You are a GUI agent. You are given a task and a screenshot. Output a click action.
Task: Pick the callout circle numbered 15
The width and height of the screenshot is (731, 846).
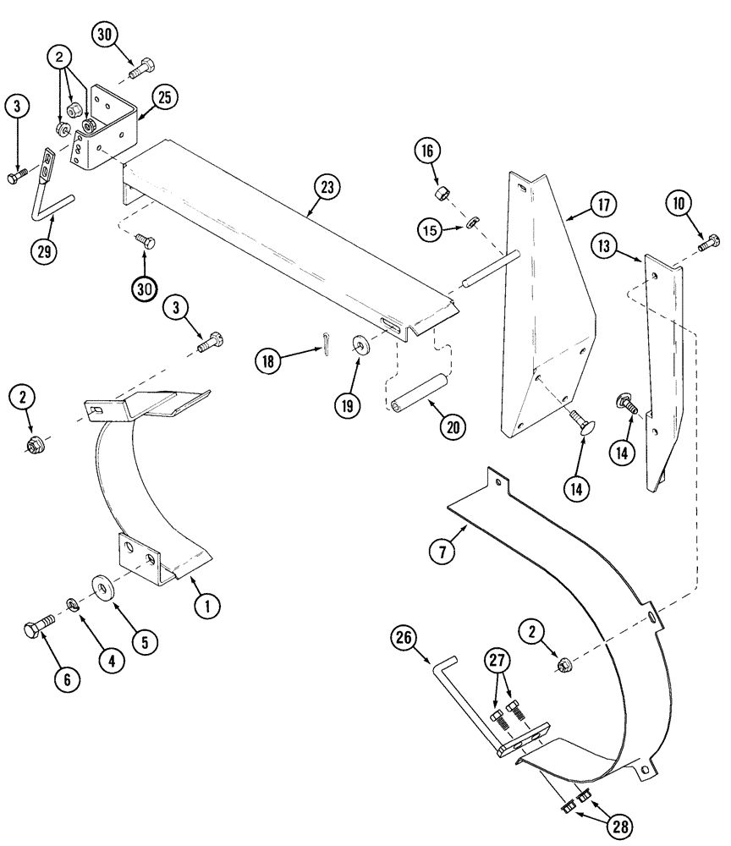[x=430, y=228]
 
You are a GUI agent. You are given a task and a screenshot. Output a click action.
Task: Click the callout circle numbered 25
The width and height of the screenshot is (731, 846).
[x=164, y=98]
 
